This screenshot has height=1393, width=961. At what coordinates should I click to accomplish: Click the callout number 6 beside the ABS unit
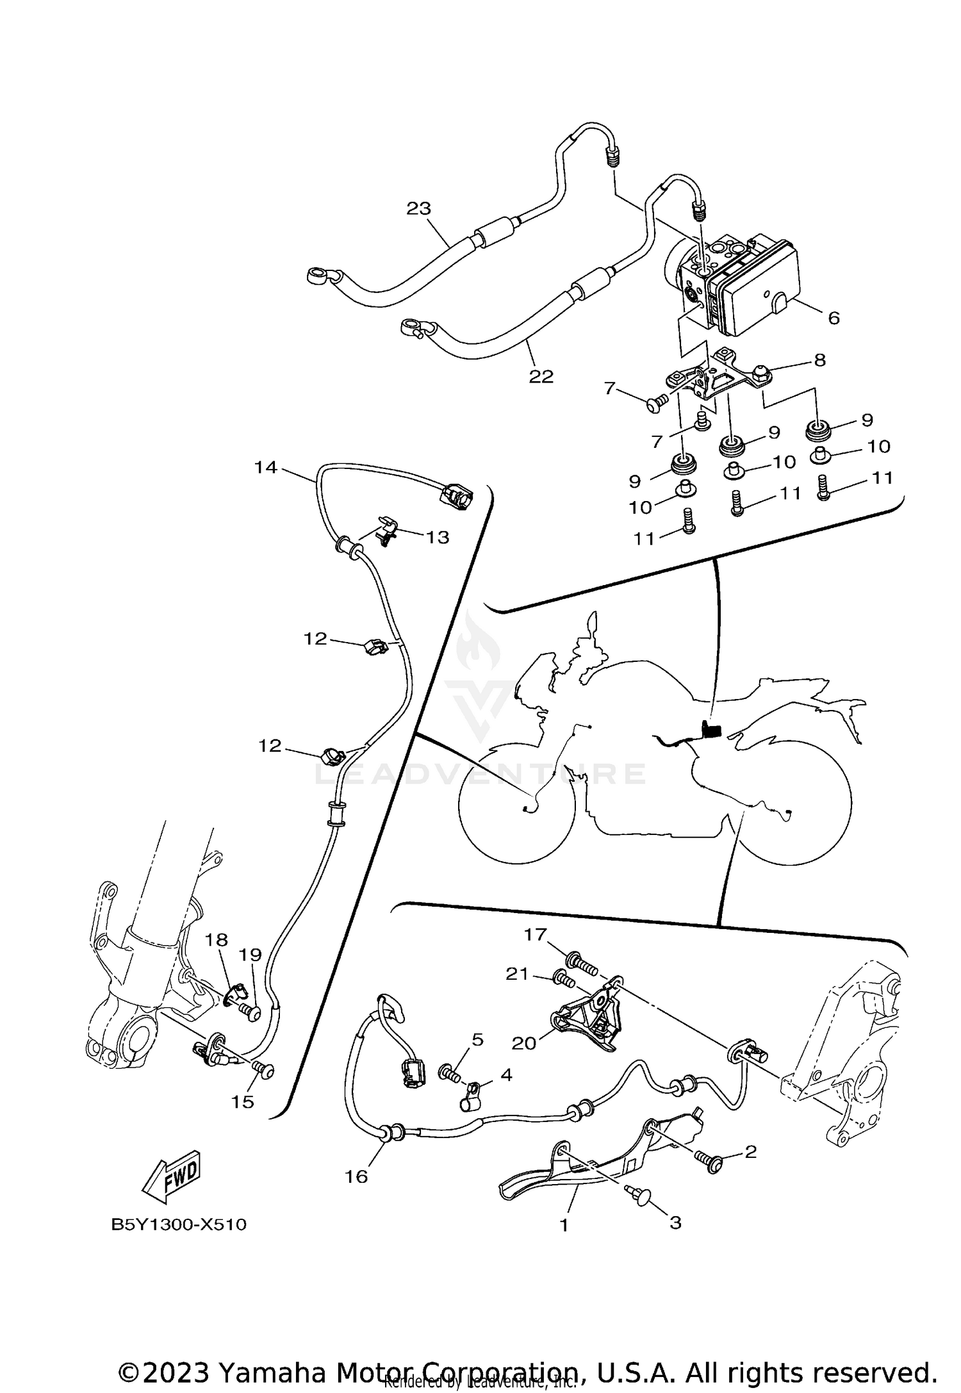833,318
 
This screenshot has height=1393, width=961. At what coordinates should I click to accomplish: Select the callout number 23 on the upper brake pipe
419,209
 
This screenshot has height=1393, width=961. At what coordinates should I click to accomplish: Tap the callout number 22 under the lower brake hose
541,377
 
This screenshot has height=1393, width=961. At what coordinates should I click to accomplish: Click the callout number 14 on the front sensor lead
265,467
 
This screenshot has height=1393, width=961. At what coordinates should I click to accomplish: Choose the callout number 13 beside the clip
438,537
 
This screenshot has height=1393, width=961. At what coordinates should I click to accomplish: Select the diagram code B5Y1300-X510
179,1224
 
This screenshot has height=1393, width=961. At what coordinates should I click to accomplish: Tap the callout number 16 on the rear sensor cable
356,1176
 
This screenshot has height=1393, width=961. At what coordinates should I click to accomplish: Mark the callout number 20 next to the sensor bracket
523,1043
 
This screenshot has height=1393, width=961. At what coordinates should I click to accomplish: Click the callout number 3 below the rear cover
675,1222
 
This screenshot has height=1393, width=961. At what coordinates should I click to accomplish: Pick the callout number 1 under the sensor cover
564,1225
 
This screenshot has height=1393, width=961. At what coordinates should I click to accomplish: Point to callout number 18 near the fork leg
217,940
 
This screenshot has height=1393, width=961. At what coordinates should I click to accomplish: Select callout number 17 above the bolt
535,935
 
